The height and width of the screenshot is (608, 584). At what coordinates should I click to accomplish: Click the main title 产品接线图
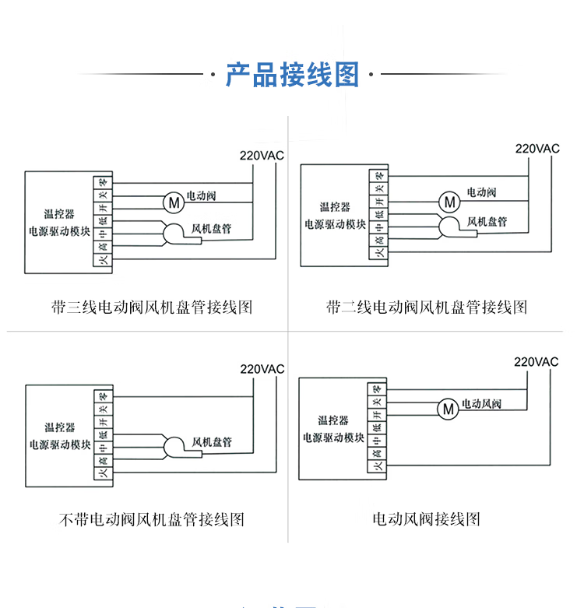pos(292,75)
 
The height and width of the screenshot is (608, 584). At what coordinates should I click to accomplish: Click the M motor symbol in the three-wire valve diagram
pos(173,202)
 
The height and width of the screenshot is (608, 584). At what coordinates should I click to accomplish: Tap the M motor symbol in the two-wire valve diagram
pos(448,202)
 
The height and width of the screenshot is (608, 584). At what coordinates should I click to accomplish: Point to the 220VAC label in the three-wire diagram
pos(262,155)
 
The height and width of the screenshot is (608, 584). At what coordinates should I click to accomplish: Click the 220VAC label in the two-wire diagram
pos(537,148)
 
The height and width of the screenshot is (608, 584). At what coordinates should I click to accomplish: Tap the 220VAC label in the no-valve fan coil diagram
pos(262,368)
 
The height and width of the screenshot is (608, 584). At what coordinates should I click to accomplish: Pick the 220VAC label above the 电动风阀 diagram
pos(537,362)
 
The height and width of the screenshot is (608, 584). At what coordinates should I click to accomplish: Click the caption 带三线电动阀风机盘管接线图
pos(153,308)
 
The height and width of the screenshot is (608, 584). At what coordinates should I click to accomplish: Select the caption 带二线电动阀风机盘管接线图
pos(427,308)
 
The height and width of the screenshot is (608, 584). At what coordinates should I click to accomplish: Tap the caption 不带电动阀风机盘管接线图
pos(153,519)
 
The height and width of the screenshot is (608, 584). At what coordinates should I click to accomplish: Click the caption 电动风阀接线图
pos(427,519)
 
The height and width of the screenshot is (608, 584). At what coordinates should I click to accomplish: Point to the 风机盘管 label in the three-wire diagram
pos(213,230)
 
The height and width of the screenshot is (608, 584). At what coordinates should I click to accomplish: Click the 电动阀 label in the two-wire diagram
pos(481,192)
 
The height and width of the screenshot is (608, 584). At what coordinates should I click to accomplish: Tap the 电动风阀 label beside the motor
pos(481,404)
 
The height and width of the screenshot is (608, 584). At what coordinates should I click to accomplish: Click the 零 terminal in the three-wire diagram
pos(102,182)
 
